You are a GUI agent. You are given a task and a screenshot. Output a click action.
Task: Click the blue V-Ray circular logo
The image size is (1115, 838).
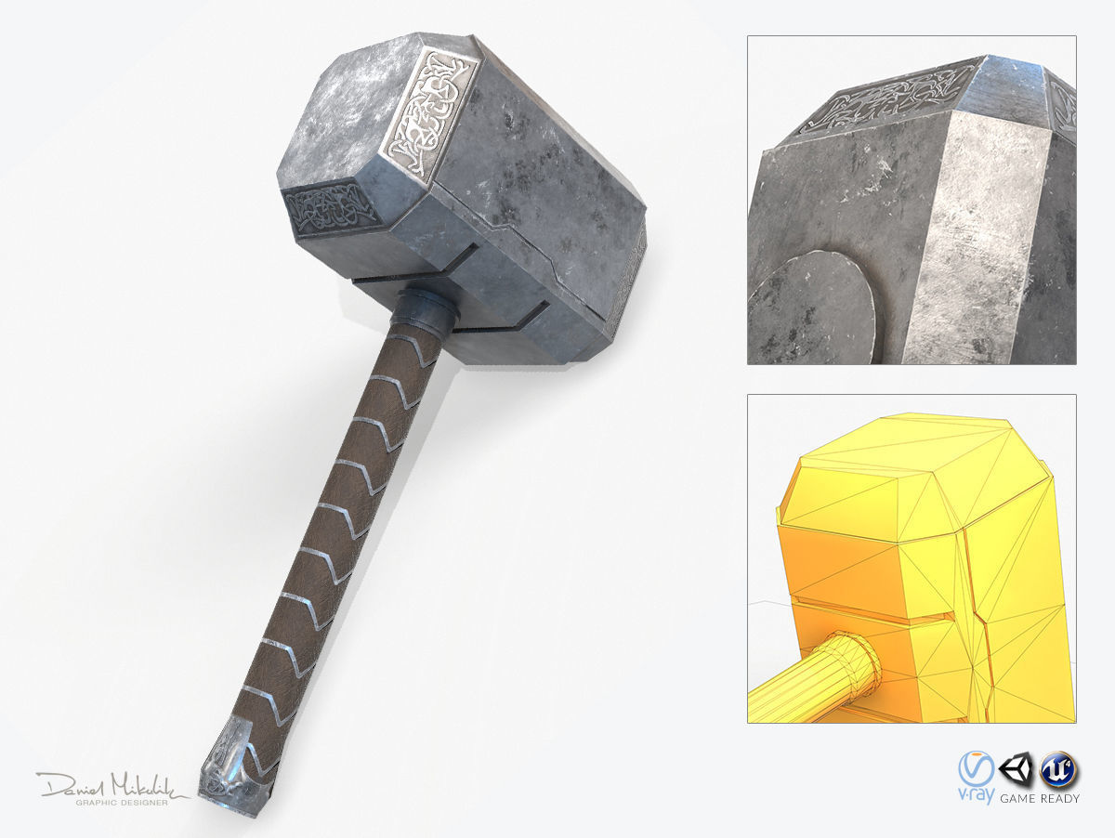976,769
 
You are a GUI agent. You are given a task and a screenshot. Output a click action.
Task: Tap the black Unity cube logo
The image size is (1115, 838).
1016,768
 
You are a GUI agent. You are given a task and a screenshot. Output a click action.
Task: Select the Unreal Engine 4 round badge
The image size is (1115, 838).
1057,768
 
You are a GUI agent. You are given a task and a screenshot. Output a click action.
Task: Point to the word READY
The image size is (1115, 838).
1061,798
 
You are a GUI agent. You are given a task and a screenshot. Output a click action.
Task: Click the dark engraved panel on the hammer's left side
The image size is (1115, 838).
327,212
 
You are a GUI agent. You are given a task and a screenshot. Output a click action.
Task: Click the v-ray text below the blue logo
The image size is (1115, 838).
976,797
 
